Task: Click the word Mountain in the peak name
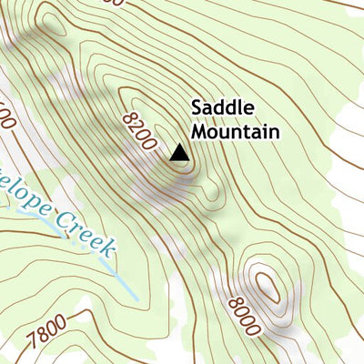coord(234,132)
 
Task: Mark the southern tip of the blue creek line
coord(136,298)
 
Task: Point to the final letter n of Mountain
coord(272,132)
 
